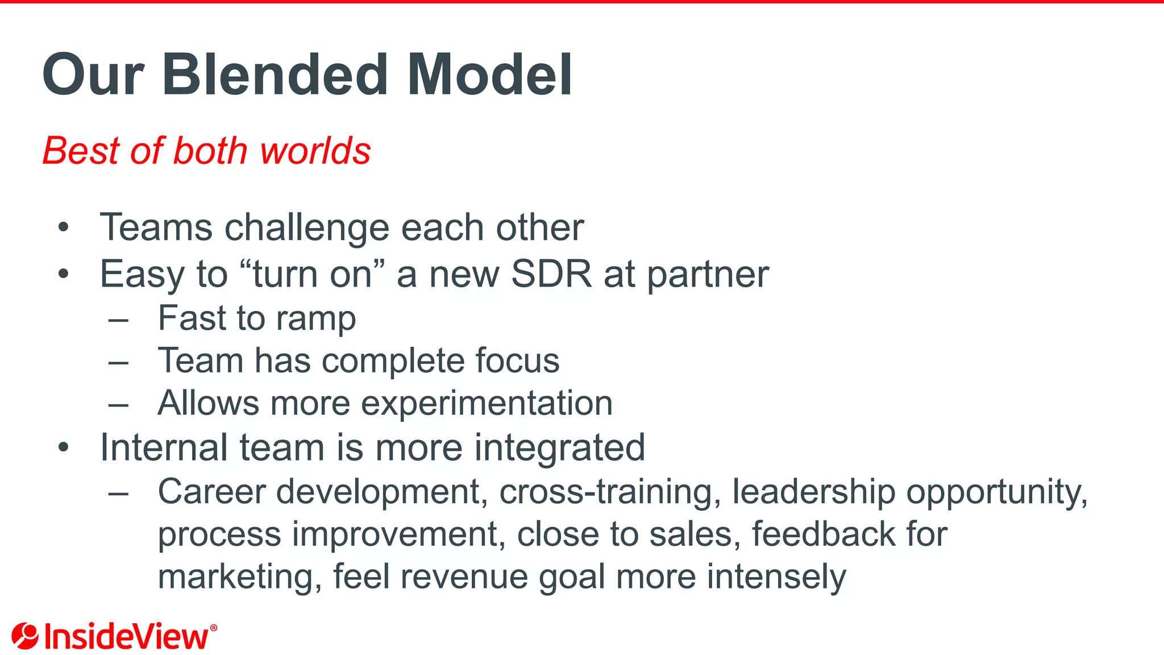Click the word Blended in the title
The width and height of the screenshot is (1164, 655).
pos(275,75)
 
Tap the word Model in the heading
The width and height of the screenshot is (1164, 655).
pos(489,75)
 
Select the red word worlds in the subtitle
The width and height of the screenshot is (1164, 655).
pos(315,151)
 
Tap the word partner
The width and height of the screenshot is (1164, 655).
pos(708,276)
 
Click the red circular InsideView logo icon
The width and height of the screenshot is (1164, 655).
pos(25,636)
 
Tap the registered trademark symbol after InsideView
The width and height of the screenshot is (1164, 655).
pos(214,628)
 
